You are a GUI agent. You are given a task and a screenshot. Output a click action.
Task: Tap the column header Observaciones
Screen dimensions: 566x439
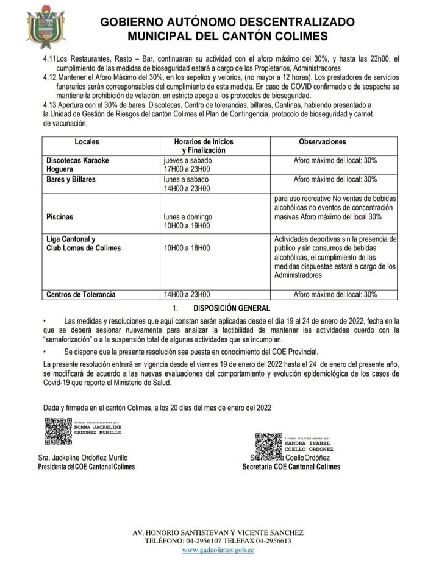tap(322, 141)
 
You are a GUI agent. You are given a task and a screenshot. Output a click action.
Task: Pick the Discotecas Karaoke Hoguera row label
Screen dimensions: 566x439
tap(77, 164)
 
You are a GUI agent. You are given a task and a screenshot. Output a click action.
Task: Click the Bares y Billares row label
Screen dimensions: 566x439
tap(71, 180)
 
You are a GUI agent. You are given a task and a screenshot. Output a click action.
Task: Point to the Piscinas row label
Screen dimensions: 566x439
tap(60, 216)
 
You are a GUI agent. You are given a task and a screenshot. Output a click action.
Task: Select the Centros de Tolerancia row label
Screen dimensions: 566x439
tap(80, 294)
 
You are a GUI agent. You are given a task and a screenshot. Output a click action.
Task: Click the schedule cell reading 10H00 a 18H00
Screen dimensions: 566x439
tap(186, 248)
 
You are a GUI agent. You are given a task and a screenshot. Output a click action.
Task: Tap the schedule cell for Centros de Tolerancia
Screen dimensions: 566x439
tap(186, 294)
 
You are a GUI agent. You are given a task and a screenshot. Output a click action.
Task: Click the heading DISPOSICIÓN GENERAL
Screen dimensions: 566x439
tap(231, 308)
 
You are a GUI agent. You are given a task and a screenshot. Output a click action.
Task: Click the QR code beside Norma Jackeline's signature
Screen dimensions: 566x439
tap(58, 431)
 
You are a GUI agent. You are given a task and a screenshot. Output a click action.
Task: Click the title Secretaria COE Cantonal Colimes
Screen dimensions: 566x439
tap(291, 467)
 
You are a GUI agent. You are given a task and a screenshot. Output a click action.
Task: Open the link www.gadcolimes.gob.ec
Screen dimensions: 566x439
tap(218, 550)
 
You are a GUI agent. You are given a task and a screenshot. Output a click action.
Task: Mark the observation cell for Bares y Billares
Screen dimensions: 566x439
tap(335, 180)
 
